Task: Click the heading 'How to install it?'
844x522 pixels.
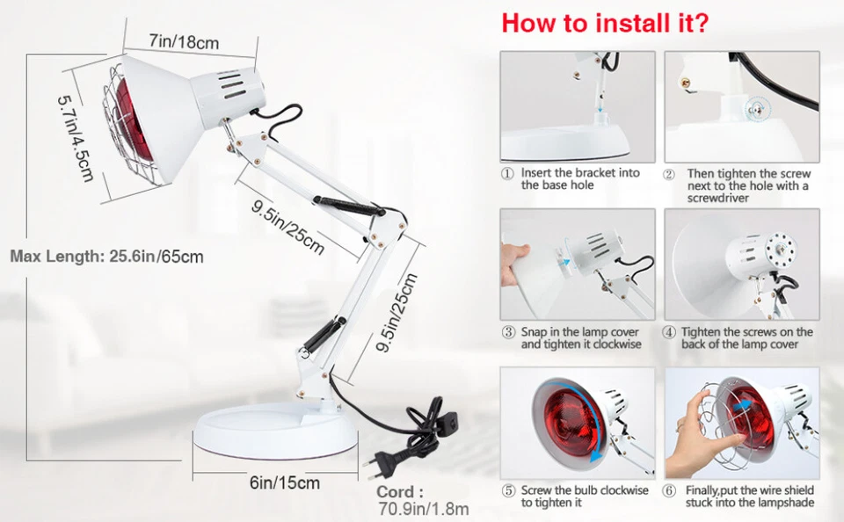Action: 605,23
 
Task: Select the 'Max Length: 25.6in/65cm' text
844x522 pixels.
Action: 107,257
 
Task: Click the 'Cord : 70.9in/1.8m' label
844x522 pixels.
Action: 423,500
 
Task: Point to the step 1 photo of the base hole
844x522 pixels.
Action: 578,105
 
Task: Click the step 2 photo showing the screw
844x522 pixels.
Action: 741,105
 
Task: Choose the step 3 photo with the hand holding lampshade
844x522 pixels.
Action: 578,264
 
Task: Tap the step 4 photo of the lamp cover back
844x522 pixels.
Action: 741,264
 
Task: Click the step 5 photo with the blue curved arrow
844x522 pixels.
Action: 578,423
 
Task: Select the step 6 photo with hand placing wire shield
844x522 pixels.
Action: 741,423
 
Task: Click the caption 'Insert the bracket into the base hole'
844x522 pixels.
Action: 580,179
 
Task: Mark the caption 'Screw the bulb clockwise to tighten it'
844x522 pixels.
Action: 585,497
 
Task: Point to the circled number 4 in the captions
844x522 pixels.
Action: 670,333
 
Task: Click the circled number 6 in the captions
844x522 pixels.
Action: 670,491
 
